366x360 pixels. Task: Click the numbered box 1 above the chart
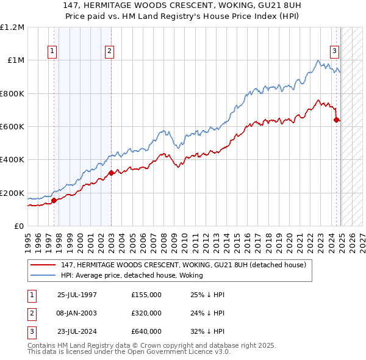[53, 52]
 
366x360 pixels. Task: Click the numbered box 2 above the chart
[109, 52]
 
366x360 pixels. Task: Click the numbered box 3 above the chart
[335, 52]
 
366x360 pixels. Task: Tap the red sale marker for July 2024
[336, 120]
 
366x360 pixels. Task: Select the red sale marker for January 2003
[112, 173]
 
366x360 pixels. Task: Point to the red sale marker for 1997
[54, 200]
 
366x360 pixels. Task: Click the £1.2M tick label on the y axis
[12, 27]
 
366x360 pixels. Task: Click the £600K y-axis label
[12, 127]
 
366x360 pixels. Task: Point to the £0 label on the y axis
[18, 226]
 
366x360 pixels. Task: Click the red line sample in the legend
[43, 265]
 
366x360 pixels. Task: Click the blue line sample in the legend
[43, 275]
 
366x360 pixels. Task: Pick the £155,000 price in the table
[146, 295]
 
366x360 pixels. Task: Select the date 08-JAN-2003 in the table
[77, 313]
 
